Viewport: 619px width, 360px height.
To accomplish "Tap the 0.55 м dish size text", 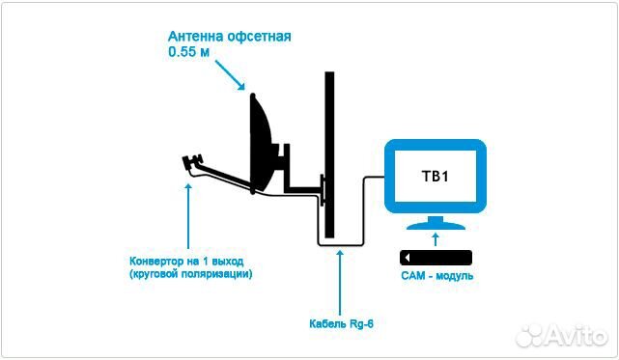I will click(x=189, y=54).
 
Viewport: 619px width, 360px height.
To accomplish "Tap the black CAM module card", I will click(x=436, y=258).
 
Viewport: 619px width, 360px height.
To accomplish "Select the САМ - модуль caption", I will click(x=436, y=277).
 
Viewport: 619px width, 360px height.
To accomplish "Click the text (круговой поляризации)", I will click(x=190, y=274).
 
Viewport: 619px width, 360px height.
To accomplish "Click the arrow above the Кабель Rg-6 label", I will click(x=339, y=280).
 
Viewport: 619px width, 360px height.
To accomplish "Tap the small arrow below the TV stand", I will click(x=436, y=238).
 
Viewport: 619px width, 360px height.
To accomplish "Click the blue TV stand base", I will click(x=436, y=225).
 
